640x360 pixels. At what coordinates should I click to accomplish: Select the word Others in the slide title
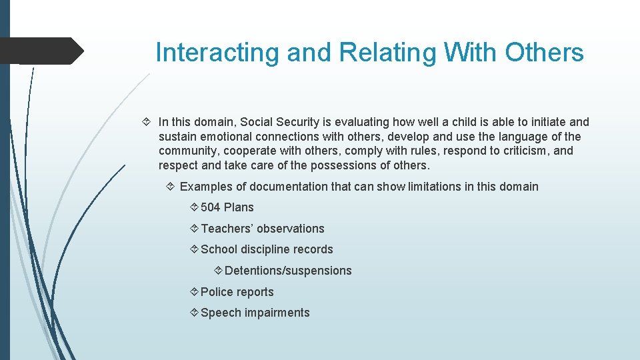(x=544, y=53)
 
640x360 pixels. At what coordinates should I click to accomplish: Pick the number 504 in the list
(x=211, y=207)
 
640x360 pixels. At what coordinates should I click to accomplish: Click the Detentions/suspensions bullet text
(x=288, y=271)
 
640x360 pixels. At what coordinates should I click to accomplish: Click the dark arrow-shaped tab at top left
(x=40, y=51)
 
